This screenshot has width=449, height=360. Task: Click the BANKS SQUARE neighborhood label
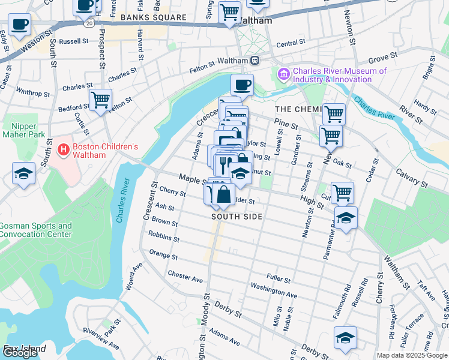point(153,17)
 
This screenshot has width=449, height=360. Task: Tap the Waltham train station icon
point(255,61)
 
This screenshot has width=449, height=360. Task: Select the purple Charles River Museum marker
point(283,74)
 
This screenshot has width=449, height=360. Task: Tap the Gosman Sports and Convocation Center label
point(36,230)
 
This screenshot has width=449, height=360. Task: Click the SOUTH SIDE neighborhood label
point(237,217)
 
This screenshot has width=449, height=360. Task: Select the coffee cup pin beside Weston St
point(19,26)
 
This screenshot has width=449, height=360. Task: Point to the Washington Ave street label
point(274,291)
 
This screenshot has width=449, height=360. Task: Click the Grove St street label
point(379,60)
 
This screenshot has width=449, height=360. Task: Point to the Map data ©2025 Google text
point(411,355)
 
